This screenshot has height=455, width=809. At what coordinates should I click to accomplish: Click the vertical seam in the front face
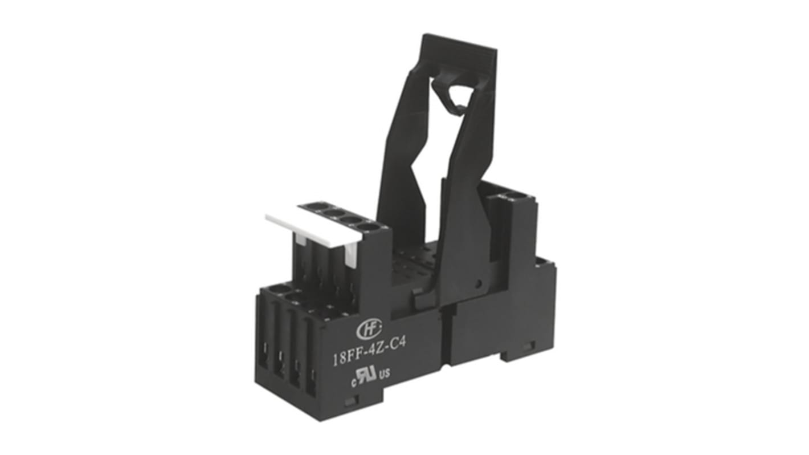447,336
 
